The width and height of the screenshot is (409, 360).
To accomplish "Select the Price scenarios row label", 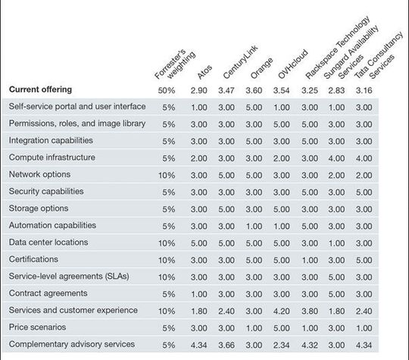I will coord(38,327).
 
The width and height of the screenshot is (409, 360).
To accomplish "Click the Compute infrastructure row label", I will coord(52,158).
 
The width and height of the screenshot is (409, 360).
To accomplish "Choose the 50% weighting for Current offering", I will coord(168,89).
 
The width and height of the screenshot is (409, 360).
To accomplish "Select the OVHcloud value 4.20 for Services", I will coord(281,311).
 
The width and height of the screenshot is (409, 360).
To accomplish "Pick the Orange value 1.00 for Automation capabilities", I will coord(253,226).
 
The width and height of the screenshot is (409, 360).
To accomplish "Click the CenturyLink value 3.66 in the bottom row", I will coord(226,345).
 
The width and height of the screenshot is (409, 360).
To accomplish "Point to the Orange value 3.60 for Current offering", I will coord(253,90).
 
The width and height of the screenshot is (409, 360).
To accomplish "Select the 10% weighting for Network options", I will coord(168,174).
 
